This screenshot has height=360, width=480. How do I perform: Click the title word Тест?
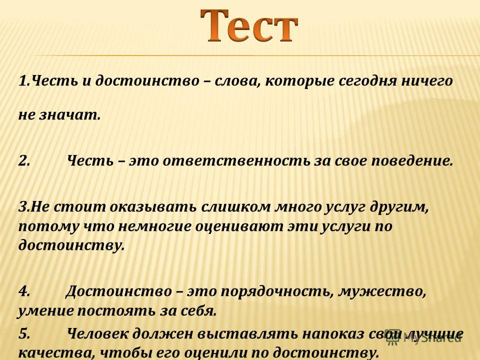click(249, 26)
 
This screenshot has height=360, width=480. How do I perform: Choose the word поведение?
click(411, 160)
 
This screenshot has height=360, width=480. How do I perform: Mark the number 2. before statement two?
click(24, 160)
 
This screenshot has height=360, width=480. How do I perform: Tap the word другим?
click(398, 207)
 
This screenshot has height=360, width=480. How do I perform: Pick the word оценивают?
click(239, 227)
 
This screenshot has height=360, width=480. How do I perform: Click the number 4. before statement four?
click(24, 291)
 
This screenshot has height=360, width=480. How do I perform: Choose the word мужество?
click(382, 291)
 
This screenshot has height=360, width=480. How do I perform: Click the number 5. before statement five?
click(24, 333)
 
